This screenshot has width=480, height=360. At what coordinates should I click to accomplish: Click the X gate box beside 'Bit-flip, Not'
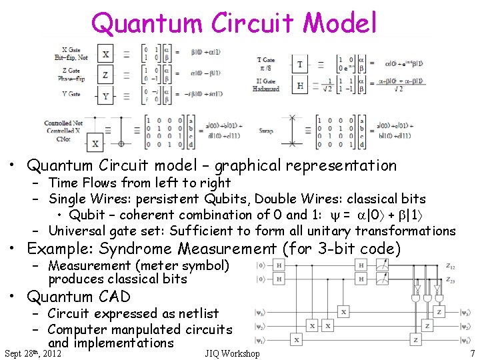(x=105, y=53)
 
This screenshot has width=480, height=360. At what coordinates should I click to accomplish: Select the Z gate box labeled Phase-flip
(x=105, y=75)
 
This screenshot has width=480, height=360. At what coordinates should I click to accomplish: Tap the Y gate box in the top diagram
(x=105, y=96)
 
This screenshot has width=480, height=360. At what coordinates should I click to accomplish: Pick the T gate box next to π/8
(x=300, y=64)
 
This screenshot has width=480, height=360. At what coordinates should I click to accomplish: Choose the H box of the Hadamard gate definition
(x=300, y=85)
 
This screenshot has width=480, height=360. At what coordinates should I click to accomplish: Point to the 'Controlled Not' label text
(x=63, y=123)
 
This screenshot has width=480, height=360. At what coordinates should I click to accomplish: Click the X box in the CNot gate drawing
(x=95, y=143)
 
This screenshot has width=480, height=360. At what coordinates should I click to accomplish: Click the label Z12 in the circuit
(x=450, y=266)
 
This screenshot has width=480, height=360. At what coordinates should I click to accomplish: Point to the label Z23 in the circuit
(x=450, y=279)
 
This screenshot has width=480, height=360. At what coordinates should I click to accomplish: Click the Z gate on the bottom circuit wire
(x=415, y=340)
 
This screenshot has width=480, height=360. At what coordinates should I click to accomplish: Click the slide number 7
(x=472, y=353)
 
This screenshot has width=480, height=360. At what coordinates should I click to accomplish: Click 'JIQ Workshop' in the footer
(x=233, y=353)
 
